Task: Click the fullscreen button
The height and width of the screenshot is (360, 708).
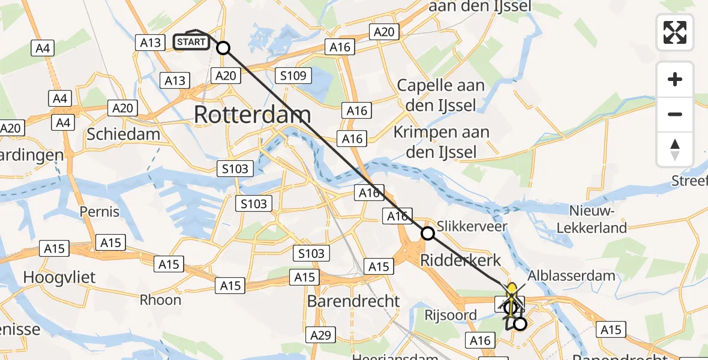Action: point(675,32)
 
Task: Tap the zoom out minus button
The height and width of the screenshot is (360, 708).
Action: point(675,114)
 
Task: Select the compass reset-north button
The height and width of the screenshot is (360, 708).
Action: point(675,149)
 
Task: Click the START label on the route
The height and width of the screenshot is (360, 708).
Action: point(191,42)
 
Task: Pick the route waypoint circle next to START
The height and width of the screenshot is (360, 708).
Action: point(223,48)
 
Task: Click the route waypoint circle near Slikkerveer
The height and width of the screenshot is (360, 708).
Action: point(428,233)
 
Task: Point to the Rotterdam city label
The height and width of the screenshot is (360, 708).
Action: point(253,115)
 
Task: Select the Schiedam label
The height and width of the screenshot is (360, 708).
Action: point(123,134)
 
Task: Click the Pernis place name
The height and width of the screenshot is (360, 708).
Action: point(100,212)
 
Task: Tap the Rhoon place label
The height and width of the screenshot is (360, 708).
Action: point(160,299)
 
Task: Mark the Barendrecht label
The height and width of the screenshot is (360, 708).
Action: point(353,301)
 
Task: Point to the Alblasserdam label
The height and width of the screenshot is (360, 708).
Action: point(571,276)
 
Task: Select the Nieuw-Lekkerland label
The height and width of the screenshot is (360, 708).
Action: point(592,219)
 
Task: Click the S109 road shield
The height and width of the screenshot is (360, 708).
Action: point(293,76)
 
